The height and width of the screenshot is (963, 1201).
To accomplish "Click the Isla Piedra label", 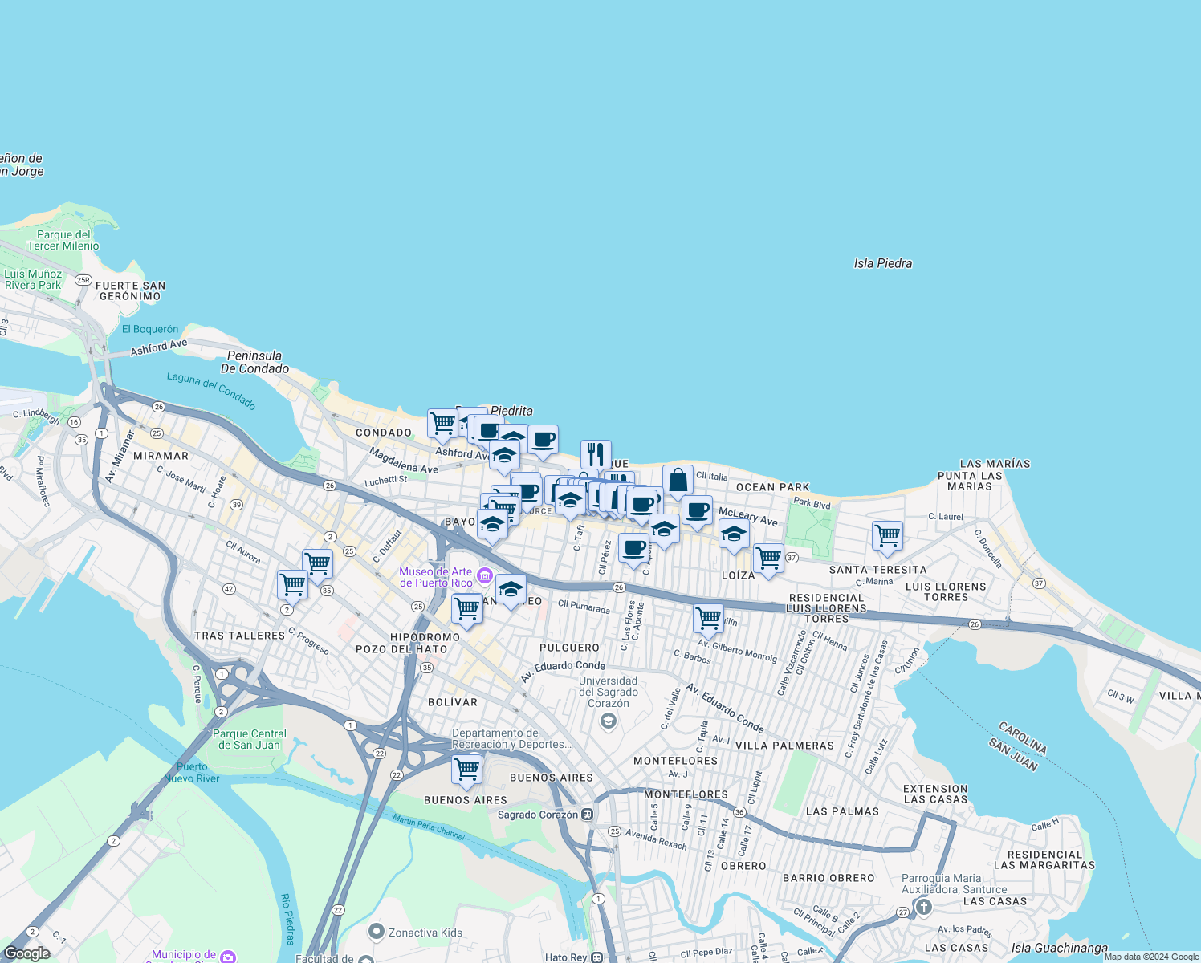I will click(882, 263).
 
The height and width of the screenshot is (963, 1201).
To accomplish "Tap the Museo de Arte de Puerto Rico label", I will click(436, 577).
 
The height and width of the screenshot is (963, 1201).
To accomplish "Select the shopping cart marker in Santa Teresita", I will click(887, 535).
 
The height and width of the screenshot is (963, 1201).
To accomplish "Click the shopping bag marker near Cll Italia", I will click(678, 480).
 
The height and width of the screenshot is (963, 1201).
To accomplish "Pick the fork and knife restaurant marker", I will click(596, 454).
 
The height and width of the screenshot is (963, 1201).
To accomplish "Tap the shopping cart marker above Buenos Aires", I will click(466, 769).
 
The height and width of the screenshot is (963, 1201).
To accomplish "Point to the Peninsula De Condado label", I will click(254, 362).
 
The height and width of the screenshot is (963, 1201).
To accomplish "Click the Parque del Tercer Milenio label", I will click(63, 240).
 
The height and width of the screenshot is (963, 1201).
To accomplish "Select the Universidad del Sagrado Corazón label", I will click(609, 692).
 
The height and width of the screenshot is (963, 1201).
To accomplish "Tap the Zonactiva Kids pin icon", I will click(376, 932).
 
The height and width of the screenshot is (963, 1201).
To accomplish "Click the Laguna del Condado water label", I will click(211, 390).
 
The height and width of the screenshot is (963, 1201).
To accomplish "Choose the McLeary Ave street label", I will click(747, 516).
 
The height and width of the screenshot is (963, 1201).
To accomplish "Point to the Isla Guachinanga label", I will click(1059, 948).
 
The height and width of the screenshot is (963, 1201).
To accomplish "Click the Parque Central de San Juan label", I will click(250, 739).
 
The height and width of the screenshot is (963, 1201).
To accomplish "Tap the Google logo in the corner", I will click(26, 953).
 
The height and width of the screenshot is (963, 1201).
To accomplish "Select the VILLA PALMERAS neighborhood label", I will click(784, 746).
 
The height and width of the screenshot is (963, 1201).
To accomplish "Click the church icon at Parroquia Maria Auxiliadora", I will click(923, 908).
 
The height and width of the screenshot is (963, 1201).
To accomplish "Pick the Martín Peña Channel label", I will click(429, 827).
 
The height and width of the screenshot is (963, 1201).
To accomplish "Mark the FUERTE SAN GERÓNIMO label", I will click(130, 291).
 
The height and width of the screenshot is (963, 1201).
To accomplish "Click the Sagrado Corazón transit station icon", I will click(588, 815).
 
